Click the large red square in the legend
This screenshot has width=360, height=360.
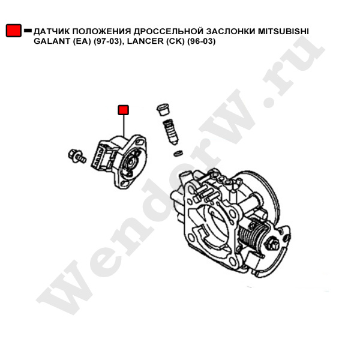[14, 31]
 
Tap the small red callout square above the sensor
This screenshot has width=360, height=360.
[123, 110]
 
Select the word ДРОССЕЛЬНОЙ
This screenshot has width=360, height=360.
[169, 31]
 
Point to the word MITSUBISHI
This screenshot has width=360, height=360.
[283, 31]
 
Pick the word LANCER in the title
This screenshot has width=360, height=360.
[145, 41]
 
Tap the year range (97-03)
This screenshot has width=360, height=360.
[108, 41]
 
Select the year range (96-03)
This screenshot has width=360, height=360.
[202, 41]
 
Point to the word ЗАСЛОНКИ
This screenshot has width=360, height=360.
[230, 31]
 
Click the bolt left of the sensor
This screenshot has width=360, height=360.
[77, 156]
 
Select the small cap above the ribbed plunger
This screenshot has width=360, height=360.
[163, 109]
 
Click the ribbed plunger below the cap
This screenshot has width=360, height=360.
[171, 132]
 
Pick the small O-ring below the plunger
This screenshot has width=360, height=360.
[178, 153]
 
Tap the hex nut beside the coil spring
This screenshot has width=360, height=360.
[272, 244]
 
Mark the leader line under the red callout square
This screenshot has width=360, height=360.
[124, 126]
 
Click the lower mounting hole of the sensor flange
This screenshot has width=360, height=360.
[125, 183]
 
